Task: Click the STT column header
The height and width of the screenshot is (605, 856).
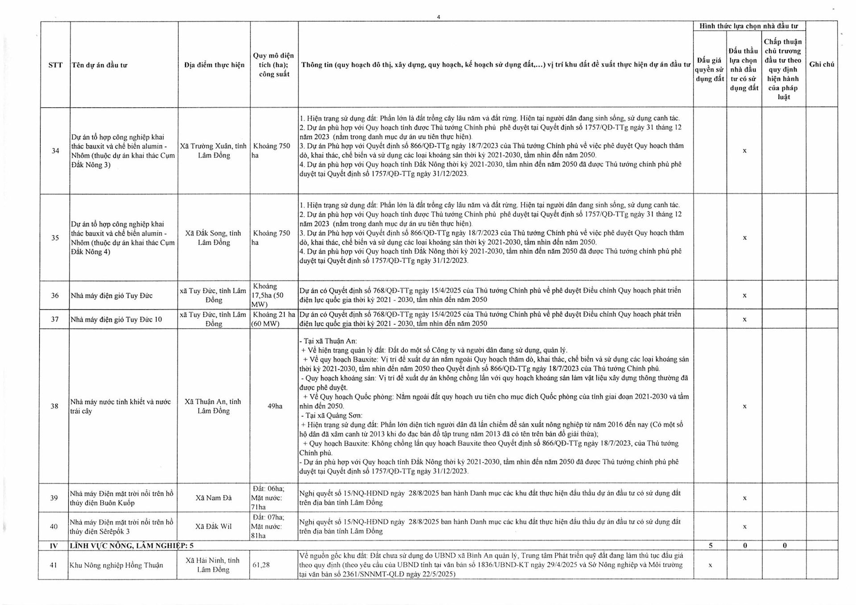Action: pyautogui.click(x=55, y=65)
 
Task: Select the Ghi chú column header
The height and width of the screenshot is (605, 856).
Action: pyautogui.click(x=822, y=64)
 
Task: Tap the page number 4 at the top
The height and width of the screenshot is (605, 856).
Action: pyautogui.click(x=438, y=17)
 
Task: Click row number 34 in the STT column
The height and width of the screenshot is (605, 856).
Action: pyautogui.click(x=55, y=151)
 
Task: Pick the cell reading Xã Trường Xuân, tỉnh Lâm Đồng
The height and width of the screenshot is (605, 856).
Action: pyautogui.click(x=214, y=151)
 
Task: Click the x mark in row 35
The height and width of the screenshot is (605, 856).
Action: pyautogui.click(x=744, y=238)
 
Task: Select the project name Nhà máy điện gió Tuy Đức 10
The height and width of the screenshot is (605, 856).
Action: pyautogui.click(x=116, y=319)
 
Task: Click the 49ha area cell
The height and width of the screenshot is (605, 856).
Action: pyautogui.click(x=275, y=406)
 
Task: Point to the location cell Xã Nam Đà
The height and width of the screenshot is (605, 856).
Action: pyautogui.click(x=214, y=498)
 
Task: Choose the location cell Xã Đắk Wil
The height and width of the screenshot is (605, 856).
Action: pyautogui.click(x=214, y=526)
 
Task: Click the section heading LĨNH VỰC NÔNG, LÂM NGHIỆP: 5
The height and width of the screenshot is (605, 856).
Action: pyautogui.click(x=132, y=545)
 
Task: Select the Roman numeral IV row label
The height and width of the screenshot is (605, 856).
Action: pyautogui.click(x=54, y=545)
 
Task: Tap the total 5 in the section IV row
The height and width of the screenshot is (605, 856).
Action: pyautogui.click(x=711, y=545)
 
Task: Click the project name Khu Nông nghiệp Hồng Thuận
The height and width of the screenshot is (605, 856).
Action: pyautogui.click(x=116, y=565)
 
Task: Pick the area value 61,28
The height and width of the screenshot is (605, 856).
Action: pyautogui.click(x=261, y=565)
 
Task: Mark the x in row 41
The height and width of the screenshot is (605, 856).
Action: pyautogui.click(x=710, y=565)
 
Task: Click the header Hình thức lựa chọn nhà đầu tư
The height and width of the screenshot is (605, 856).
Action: pyautogui.click(x=749, y=26)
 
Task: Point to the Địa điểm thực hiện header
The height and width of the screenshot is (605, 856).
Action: pyautogui.click(x=214, y=65)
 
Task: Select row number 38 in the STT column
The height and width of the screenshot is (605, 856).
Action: pyautogui.click(x=54, y=406)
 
